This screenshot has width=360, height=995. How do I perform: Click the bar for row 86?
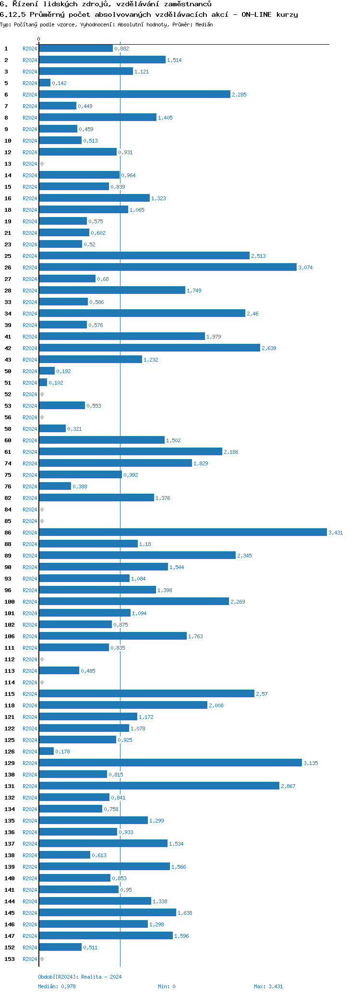(x=182, y=532)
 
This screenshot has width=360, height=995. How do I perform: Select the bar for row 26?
(x=168, y=267)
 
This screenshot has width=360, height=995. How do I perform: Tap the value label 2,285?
(x=239, y=95)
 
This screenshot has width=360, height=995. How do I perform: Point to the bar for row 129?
(x=170, y=763)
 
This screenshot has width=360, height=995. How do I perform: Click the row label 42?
(x=8, y=348)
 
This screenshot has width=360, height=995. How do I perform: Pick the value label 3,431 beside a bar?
(x=336, y=533)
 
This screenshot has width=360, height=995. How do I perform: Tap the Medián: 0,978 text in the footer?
(x=57, y=986)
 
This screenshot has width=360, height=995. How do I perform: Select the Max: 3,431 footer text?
(x=268, y=986)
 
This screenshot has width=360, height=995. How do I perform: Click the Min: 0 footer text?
(x=167, y=986)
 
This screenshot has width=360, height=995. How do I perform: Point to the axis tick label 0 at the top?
(x=39, y=39)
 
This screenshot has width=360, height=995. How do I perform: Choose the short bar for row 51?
(x=43, y=382)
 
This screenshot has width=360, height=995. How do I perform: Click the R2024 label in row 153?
(x=30, y=959)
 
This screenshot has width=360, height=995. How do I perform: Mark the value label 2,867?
(x=288, y=786)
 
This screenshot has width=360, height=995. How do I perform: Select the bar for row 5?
(x=45, y=83)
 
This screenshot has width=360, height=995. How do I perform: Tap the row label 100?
(x=10, y=602)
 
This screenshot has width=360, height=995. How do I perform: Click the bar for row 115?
(x=146, y=693)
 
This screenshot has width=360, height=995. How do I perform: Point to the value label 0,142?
(x=59, y=83)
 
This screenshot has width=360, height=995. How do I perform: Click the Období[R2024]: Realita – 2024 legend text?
(x=80, y=977)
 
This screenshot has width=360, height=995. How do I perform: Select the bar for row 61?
(x=131, y=451)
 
